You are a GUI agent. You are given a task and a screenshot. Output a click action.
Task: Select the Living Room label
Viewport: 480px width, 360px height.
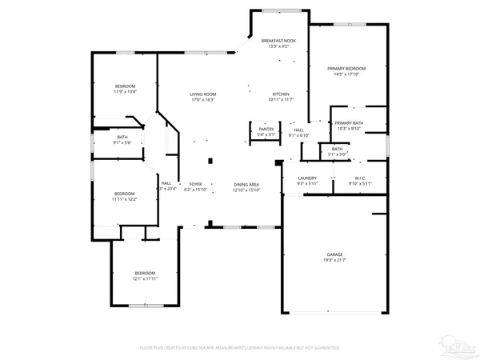coord(203,94)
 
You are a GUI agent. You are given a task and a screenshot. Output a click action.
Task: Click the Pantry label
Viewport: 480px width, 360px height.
coord(266,129)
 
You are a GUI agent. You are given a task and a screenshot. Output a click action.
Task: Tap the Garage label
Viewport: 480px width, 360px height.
coord(334,254)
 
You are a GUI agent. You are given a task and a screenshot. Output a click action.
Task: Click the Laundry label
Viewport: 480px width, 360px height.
coord(307,178)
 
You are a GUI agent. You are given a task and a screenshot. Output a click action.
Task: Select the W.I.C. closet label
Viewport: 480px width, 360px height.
coord(359,178)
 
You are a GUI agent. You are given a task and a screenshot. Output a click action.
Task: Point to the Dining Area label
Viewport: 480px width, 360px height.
coord(246,185)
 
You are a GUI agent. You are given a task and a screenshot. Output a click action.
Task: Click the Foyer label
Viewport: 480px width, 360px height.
coord(195,185)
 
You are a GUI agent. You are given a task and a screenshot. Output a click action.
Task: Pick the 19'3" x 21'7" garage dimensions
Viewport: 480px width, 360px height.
coord(334,261)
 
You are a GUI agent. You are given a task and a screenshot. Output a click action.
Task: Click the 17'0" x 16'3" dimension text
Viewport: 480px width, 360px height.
coord(203,101)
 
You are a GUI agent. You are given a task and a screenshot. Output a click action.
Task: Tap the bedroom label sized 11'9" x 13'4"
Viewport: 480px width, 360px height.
coord(125,86)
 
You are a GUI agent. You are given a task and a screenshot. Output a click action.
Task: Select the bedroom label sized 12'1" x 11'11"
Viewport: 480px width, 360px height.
coord(145,273)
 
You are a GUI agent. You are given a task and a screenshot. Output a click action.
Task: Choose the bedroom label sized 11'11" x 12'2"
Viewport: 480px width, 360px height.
coord(124,194)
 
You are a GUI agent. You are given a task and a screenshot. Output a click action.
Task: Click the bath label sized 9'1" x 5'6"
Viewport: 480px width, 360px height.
coord(122,137)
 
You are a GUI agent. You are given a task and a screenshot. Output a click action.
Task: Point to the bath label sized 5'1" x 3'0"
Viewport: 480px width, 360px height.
coord(337,149)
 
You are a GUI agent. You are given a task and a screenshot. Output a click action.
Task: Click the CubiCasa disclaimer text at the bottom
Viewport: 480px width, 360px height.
coord(240,348)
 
